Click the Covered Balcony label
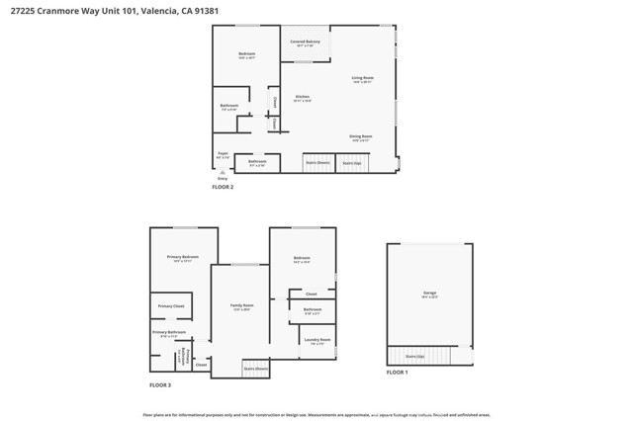coord(305,42)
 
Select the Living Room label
coord(362,78)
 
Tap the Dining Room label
coord(360,136)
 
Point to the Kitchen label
coord(303,97)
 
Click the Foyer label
coord(223,154)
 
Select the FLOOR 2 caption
coord(223,187)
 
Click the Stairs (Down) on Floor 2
coord(316,162)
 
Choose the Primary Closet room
coord(170,306)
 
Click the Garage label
coord(429,294)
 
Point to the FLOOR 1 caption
coord(397,373)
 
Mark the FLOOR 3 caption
coord(160,384)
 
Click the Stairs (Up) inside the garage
coord(415,356)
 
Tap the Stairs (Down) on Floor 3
coord(256,369)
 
